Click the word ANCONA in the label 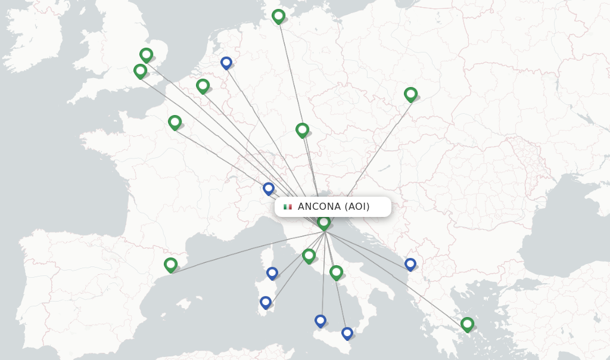(319, 207)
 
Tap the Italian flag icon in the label (288, 207)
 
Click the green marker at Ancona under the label (323, 223)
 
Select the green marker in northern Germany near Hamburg (278, 16)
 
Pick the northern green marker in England (146, 55)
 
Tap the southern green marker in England (140, 71)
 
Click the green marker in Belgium (203, 86)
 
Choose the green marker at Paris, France (175, 122)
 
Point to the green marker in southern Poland (410, 94)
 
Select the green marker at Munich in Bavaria (302, 130)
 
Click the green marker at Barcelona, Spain (170, 265)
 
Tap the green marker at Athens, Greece (467, 324)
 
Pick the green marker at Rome (309, 256)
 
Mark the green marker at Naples (336, 272)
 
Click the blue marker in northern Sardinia (272, 273)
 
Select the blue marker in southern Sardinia (266, 302)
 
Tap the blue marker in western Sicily (320, 321)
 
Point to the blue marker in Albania (410, 263)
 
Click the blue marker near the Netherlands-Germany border (226, 62)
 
